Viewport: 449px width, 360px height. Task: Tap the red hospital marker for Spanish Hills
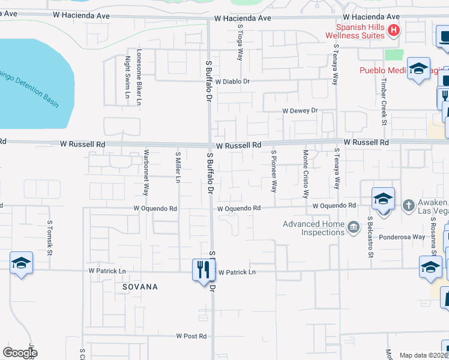tap(394, 30)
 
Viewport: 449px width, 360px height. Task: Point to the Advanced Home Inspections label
tap(313, 229)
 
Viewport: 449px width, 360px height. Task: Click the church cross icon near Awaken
tap(408, 205)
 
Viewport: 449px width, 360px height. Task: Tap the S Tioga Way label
tap(240, 46)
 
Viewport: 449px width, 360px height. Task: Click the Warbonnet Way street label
tap(146, 173)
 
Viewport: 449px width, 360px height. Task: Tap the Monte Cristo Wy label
tap(305, 174)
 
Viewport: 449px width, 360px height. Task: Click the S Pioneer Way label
tap(274, 170)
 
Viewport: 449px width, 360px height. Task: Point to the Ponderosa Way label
tap(402, 237)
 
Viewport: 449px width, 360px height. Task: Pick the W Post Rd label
tap(191, 336)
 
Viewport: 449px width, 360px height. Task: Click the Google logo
tap(20, 353)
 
